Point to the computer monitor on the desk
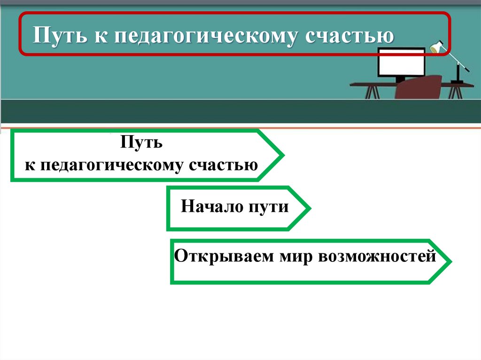coord(401,66)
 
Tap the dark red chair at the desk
coord(418,87)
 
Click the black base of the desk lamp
coord(457,82)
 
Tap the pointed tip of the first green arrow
coord(282,155)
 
